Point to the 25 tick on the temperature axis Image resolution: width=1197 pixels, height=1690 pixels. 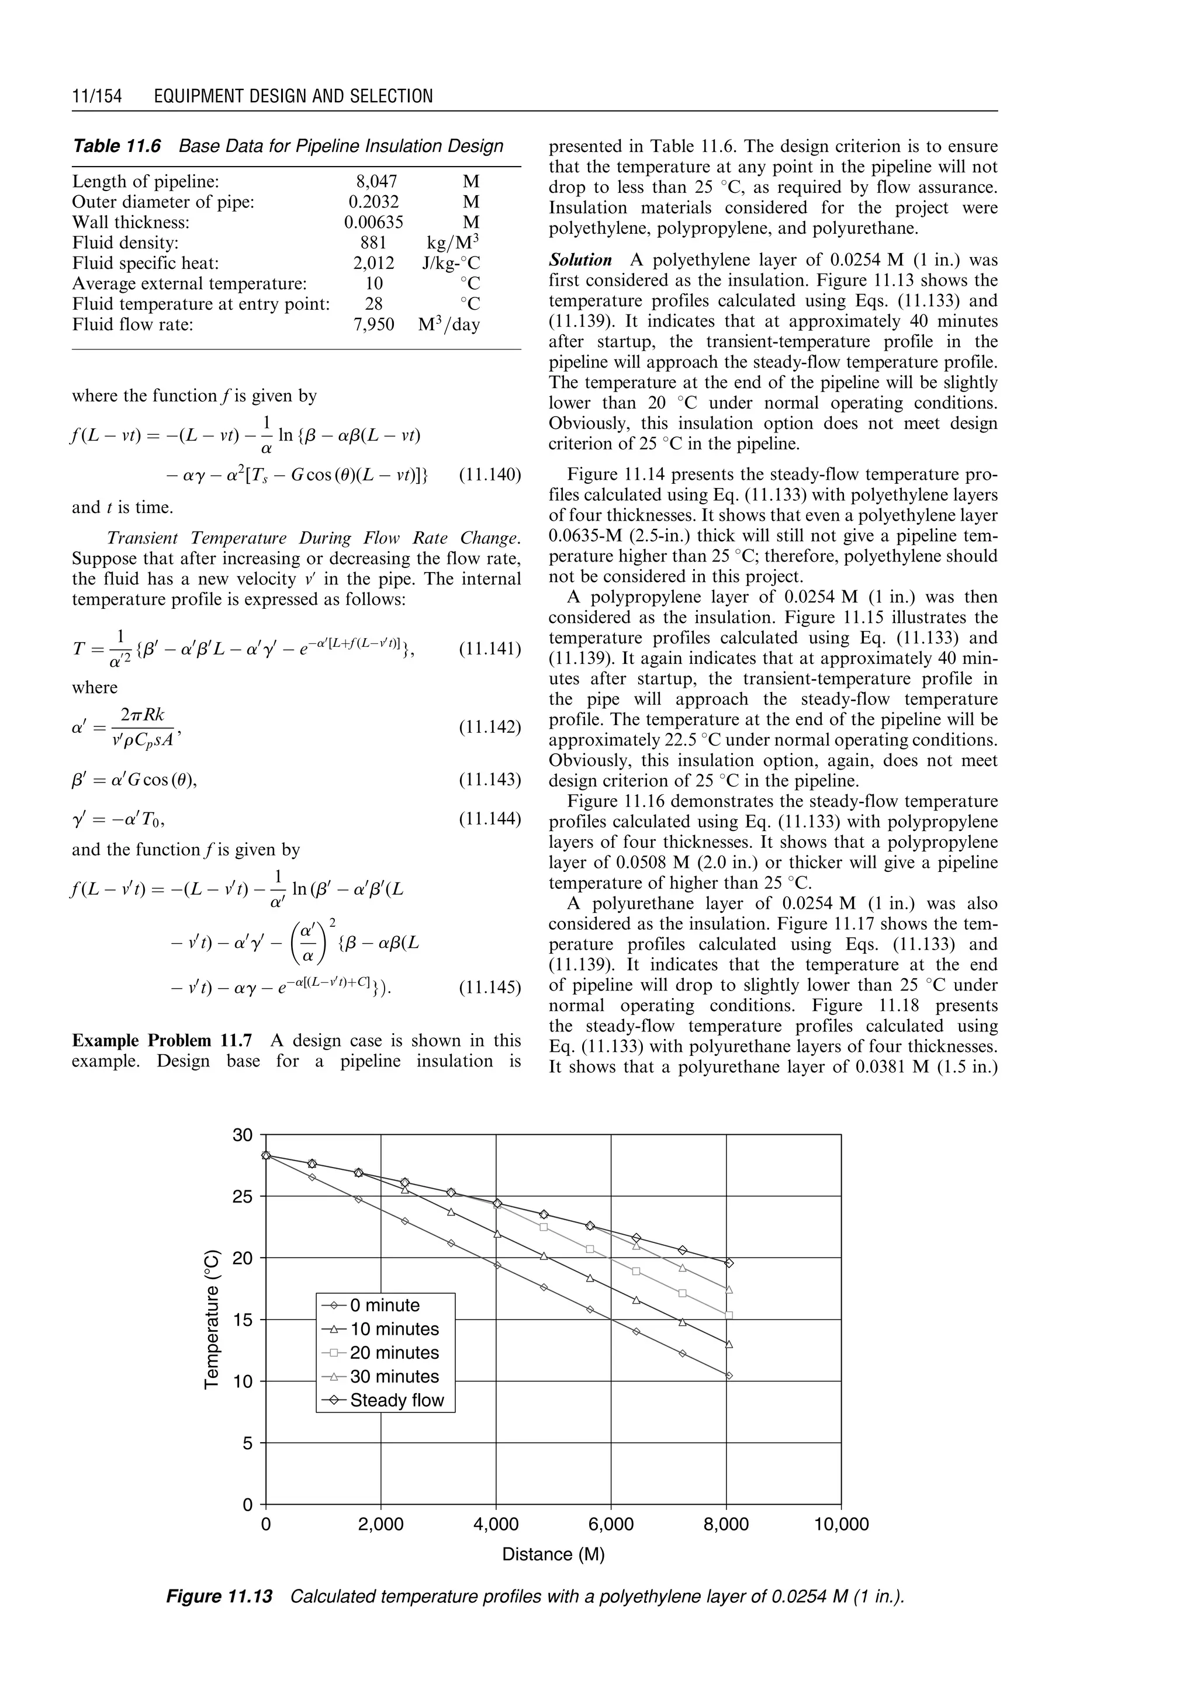click(243, 1196)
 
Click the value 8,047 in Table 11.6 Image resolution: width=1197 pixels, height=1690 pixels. click(376, 181)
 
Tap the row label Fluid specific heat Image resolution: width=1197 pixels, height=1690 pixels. click(145, 263)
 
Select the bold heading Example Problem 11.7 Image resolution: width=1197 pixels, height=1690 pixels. click(161, 1041)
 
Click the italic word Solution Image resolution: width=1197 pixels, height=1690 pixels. click(580, 260)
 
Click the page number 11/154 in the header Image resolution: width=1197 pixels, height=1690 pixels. click(96, 96)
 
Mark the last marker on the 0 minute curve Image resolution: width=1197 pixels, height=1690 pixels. click(729, 1375)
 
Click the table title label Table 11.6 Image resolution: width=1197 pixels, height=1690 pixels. click(116, 146)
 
